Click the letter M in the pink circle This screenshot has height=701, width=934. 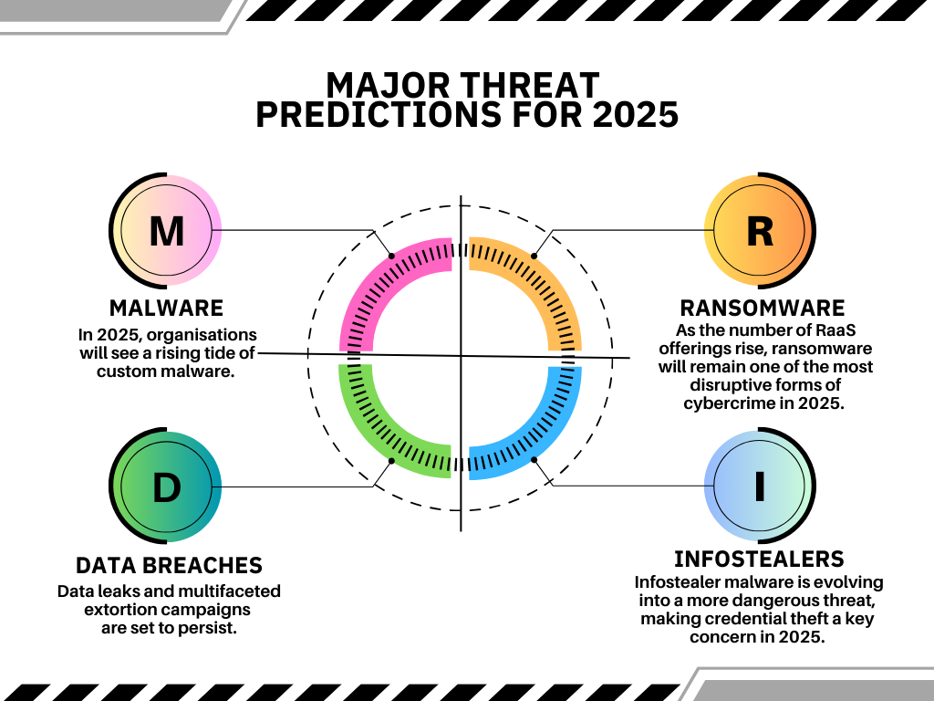[166, 231]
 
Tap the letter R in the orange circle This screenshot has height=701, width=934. [760, 231]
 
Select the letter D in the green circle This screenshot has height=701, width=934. [166, 487]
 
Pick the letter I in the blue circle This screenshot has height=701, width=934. [760, 487]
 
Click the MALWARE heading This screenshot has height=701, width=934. [166, 309]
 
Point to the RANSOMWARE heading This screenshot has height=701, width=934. [763, 309]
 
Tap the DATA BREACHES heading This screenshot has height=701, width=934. [169, 565]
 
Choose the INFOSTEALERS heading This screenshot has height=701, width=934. [760, 560]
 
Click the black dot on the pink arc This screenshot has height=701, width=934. [391, 256]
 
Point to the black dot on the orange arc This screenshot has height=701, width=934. [534, 256]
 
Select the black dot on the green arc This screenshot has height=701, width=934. [391, 461]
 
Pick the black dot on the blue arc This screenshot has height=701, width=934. [534, 460]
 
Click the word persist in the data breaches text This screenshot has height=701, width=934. [210, 628]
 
